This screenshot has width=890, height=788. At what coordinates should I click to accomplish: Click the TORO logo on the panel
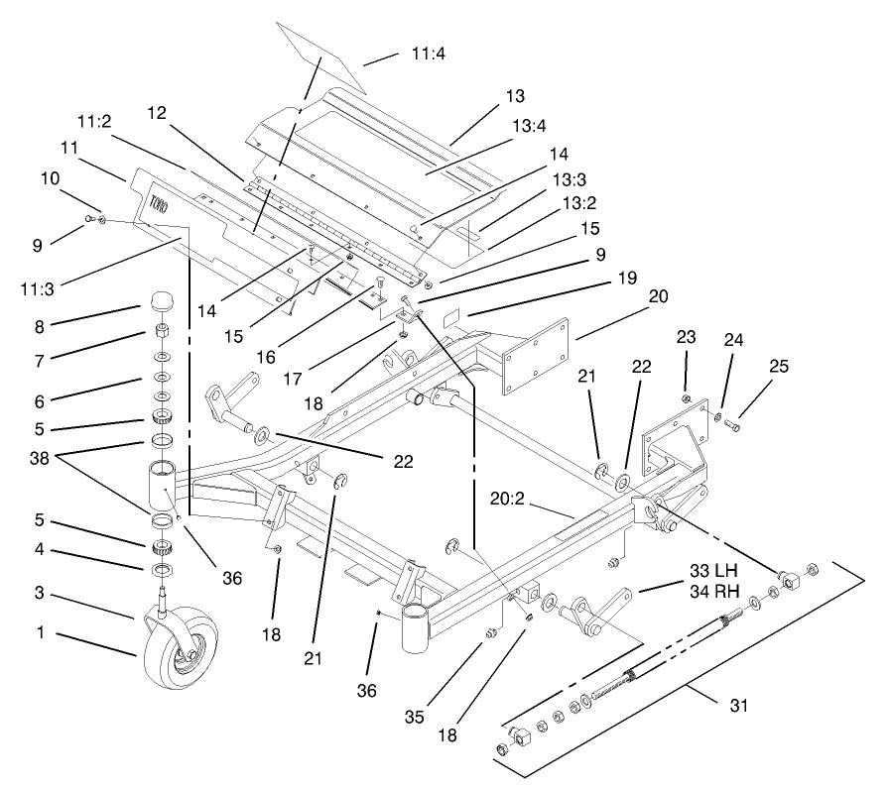click(x=158, y=204)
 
